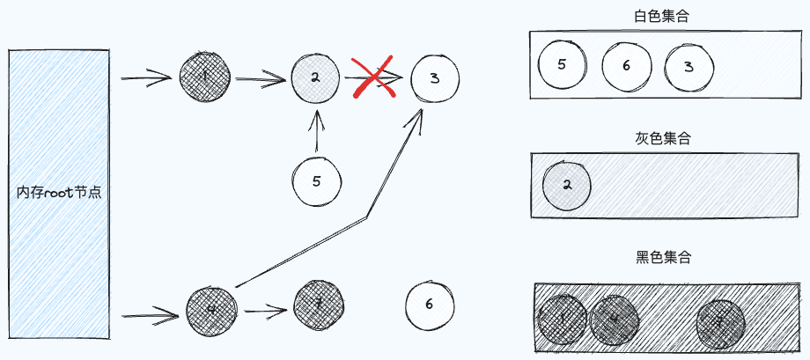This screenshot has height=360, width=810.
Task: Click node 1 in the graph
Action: pos(204,77)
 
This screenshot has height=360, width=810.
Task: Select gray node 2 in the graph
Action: pos(316,77)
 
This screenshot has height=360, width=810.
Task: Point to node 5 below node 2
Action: pos(317,181)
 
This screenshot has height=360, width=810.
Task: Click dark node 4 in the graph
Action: pos(212,308)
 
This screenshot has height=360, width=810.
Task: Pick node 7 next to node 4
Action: pos(319,305)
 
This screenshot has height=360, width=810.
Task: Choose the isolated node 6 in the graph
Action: pos(429,305)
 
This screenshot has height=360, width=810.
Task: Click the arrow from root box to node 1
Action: pos(145,79)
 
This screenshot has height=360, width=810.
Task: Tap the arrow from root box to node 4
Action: pos(150,312)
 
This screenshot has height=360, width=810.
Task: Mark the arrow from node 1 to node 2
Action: pos(261,79)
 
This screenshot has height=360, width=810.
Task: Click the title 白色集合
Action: pos(661,16)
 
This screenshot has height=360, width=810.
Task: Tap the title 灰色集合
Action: pos(663,138)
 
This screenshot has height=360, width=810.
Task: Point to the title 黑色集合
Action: pos(663,258)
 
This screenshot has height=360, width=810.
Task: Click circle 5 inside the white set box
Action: pos(562,64)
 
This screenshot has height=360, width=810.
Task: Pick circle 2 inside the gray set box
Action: pos(567,185)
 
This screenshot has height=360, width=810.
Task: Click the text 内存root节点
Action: pos(59,192)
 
